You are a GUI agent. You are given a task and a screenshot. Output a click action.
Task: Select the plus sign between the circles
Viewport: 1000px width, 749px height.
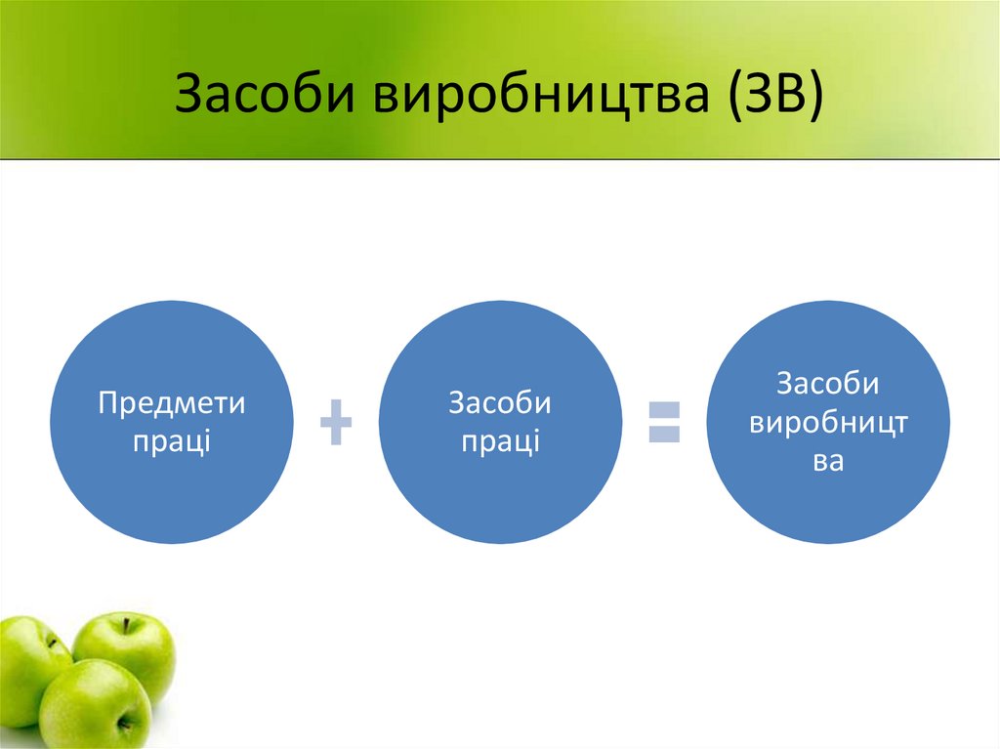(x=336, y=423)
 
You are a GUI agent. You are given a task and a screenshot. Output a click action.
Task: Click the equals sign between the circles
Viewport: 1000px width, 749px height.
(x=664, y=421)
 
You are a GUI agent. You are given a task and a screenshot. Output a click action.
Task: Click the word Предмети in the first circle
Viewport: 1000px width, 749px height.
(x=171, y=403)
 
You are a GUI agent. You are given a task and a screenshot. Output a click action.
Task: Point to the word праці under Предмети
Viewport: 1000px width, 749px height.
(x=171, y=440)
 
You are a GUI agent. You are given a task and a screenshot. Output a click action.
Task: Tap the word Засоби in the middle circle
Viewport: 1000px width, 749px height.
(x=500, y=403)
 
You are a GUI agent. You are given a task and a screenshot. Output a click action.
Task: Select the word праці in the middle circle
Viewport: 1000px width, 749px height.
(x=500, y=440)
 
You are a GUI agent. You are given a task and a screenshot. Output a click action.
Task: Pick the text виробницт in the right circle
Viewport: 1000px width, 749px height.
(x=828, y=422)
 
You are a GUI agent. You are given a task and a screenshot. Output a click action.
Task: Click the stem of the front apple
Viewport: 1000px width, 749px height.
(x=123, y=724)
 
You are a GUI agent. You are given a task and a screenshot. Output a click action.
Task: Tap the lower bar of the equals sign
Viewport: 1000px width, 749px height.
(x=664, y=435)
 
